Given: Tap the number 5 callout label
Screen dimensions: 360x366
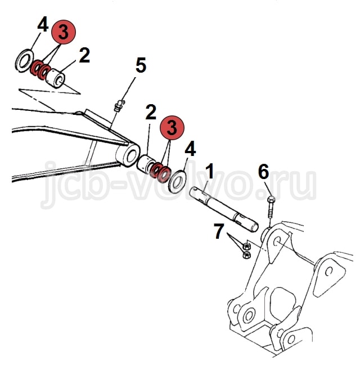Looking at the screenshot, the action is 141,65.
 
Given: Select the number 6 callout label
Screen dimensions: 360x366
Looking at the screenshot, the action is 263,172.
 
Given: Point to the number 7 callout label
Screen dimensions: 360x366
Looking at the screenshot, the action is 219,231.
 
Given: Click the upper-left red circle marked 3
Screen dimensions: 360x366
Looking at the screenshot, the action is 64,32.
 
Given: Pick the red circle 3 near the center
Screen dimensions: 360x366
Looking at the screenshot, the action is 172,128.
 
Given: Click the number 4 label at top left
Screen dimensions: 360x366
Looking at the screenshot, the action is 43,24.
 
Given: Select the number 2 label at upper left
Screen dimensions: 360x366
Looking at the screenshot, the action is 84,55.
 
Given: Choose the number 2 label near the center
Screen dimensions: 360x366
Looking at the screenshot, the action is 151,112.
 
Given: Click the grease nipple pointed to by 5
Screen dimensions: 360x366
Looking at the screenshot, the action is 118,105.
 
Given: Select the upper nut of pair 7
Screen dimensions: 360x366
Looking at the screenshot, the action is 246,246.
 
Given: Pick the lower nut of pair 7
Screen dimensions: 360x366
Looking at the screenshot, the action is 246,255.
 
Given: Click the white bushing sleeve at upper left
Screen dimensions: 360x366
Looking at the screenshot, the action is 56,78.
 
